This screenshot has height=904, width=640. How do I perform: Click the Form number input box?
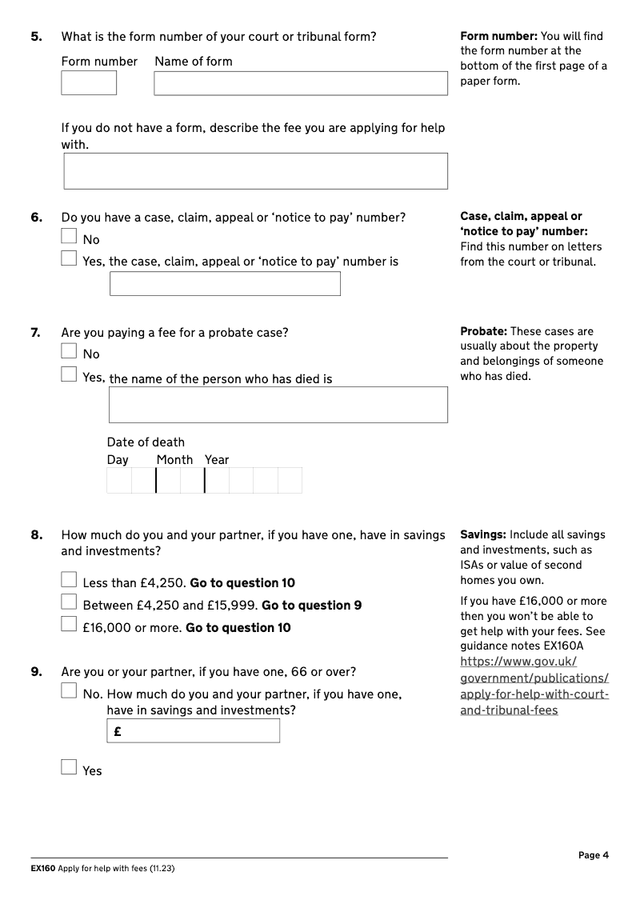89,83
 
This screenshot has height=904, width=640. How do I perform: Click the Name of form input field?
301,83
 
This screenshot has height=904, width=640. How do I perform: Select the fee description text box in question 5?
255,171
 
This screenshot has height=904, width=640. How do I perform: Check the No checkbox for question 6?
70,237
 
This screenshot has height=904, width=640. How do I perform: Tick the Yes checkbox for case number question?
70,258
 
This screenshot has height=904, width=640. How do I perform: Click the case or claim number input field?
225,284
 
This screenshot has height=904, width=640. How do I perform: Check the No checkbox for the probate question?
70,351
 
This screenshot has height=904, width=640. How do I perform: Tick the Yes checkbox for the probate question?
70,374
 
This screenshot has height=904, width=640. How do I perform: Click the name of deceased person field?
278,405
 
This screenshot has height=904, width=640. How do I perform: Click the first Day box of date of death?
119,481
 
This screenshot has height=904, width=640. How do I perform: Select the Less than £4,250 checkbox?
70,580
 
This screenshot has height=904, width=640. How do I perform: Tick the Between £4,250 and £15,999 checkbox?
70,602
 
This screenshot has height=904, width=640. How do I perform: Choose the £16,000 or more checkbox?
70,625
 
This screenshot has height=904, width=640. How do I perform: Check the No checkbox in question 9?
70,691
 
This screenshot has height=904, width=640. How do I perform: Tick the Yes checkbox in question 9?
70,768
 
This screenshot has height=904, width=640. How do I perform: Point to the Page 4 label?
594,855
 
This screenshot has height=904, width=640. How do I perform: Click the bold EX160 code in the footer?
43,869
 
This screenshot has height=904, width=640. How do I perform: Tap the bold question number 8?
37,535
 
